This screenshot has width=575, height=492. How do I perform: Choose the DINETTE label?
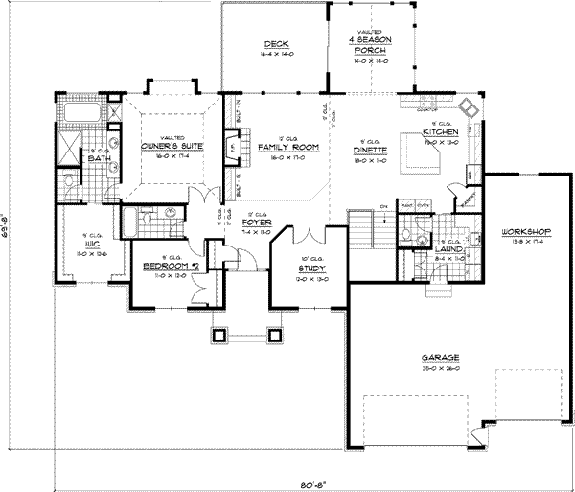pos(369,150)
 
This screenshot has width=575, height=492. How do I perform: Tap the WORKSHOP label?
pos(523,233)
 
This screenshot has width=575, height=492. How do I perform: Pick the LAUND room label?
pos(422,248)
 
